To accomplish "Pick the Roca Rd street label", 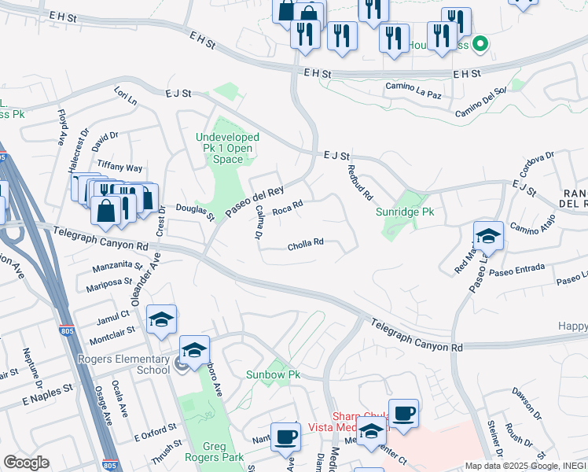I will [x=287, y=209].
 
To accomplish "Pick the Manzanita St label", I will [x=116, y=267].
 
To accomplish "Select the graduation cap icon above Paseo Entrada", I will [x=487, y=235].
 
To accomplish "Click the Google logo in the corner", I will [x=26, y=463].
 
